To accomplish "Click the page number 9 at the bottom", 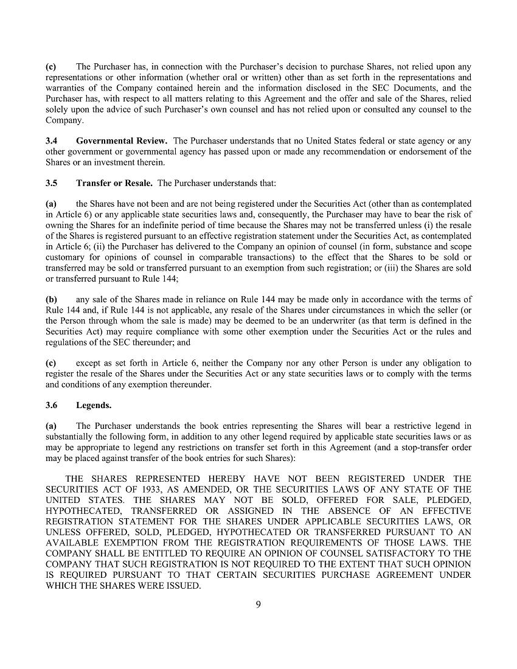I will click(258, 604).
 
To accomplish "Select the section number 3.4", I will click(52, 140).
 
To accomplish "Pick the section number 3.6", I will click(52, 404).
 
